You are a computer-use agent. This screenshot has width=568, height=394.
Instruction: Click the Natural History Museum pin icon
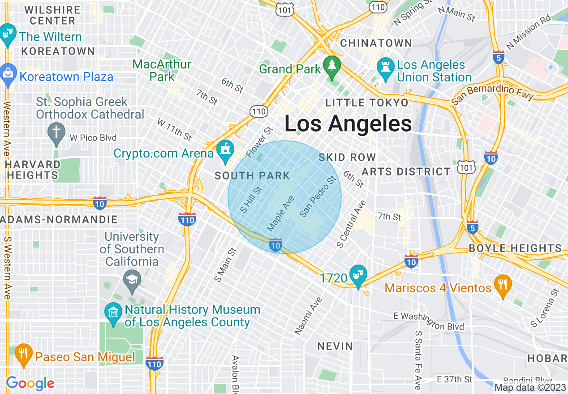click(x=113, y=312)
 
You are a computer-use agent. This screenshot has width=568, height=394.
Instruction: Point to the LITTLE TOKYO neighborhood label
click(x=367, y=103)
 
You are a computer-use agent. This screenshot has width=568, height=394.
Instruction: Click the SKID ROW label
click(x=347, y=157)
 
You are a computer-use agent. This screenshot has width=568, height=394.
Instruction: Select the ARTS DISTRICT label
click(x=406, y=171)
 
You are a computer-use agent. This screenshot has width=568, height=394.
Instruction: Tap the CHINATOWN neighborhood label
click(x=376, y=43)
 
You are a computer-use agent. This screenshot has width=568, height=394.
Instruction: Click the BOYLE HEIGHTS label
click(x=515, y=248)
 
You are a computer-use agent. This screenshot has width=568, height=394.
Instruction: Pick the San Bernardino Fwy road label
click(x=492, y=93)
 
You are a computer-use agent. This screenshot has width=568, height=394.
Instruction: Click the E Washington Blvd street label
click(x=429, y=321)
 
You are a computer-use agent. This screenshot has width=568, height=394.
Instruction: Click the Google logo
click(x=30, y=383)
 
